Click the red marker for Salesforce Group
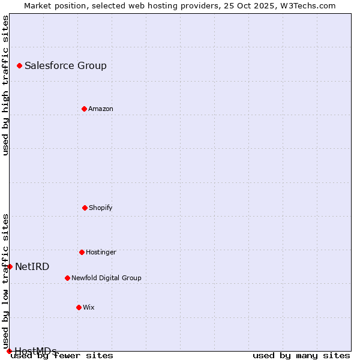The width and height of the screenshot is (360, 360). click(x=19, y=65)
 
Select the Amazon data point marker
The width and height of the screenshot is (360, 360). click(x=84, y=109)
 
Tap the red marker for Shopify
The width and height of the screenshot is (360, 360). click(x=85, y=208)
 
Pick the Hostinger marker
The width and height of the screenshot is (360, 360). click(x=82, y=252)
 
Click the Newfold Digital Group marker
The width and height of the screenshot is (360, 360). click(x=67, y=278)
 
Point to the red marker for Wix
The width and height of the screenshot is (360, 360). click(x=79, y=307)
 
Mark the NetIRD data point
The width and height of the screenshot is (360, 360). click(x=10, y=266)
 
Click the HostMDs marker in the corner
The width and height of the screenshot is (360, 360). click(x=9, y=351)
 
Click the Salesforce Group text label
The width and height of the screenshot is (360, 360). click(x=65, y=65)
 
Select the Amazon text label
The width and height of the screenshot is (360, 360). click(x=101, y=109)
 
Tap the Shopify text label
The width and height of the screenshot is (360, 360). click(x=101, y=208)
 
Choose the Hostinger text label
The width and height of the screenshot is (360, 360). click(x=101, y=252)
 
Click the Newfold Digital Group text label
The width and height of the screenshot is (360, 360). click(x=106, y=278)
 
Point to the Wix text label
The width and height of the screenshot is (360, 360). click(x=89, y=307)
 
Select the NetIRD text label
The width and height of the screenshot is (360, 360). click(x=32, y=266)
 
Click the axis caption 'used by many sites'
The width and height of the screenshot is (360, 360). click(x=301, y=355)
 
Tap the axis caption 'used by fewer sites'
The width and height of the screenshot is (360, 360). click(x=62, y=355)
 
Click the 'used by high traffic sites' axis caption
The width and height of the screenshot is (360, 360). click(x=5, y=86)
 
